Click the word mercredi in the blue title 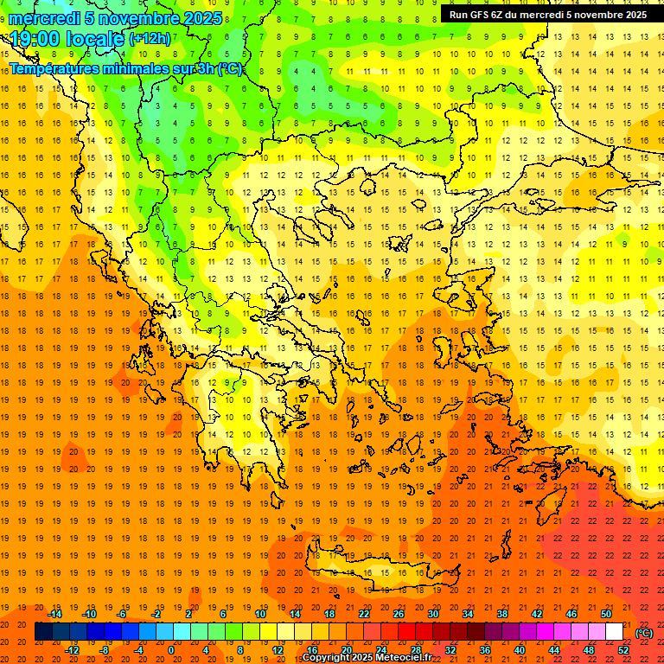45,18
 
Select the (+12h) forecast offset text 150,39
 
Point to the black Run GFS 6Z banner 547,14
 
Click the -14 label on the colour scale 55,614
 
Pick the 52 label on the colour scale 623,649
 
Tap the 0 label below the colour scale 170,649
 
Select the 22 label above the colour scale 363,614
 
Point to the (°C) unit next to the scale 644,632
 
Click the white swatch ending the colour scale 615,632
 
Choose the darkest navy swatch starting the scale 43,632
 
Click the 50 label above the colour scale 605,614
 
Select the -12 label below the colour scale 72,649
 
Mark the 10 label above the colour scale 260,614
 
